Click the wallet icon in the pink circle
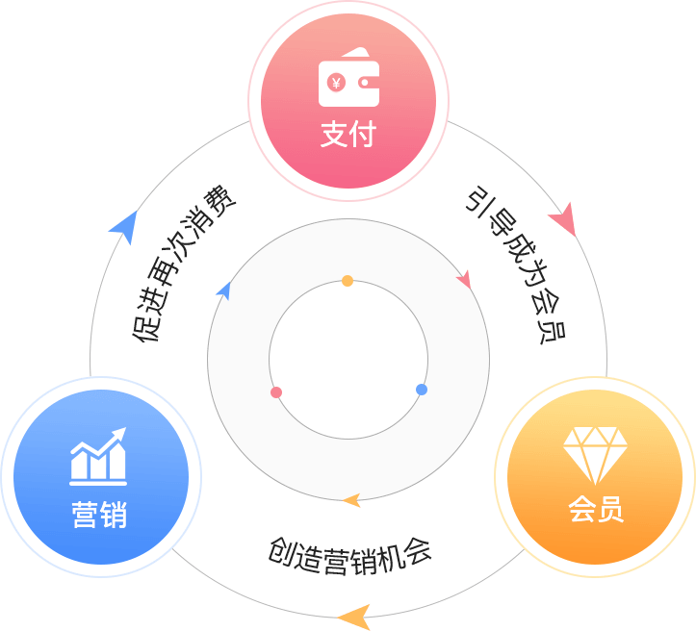coord(348,77)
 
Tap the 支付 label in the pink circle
coord(348,134)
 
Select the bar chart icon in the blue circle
coord(98,456)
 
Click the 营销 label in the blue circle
coord(100,515)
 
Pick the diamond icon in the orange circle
coord(595,455)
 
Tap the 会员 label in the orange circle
coord(596,509)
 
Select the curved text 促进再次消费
coord(183,264)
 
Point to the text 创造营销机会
coord(349,556)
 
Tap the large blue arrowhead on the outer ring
coord(125,226)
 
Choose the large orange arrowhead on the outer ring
coord(355,617)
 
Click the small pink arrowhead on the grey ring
coord(464,279)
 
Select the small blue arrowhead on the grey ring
coord(224,290)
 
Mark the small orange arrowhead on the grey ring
coord(352,500)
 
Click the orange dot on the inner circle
coord(348,281)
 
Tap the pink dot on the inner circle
coord(276,392)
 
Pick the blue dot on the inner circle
coord(422,390)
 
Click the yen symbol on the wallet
coord(336,83)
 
